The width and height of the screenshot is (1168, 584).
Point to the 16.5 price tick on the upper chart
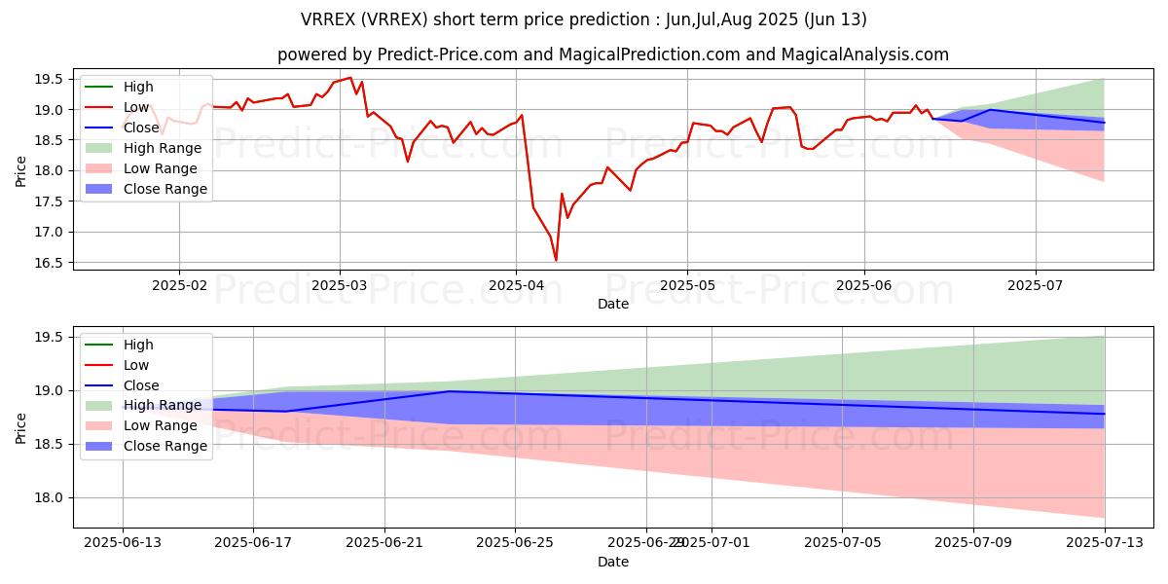coord(54,263)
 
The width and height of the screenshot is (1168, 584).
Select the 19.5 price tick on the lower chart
coord(54,337)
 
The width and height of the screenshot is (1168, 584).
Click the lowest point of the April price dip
coord(556,260)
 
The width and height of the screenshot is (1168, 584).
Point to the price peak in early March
coord(349,78)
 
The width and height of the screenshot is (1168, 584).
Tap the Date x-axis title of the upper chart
coord(613,304)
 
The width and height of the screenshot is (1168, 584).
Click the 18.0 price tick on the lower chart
coord(54,497)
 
